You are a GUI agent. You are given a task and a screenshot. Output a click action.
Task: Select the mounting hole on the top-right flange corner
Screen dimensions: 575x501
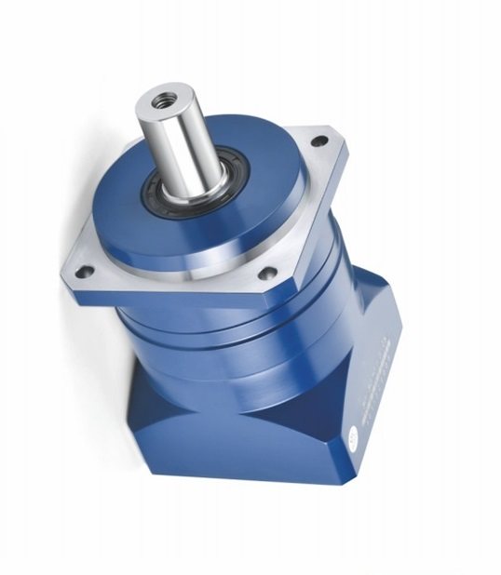coord(319,141)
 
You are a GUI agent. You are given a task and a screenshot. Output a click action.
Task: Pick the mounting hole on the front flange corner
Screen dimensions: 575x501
coord(267,274)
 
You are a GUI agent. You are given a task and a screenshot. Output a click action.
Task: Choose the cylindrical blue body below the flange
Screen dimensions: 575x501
coord(251,344)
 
